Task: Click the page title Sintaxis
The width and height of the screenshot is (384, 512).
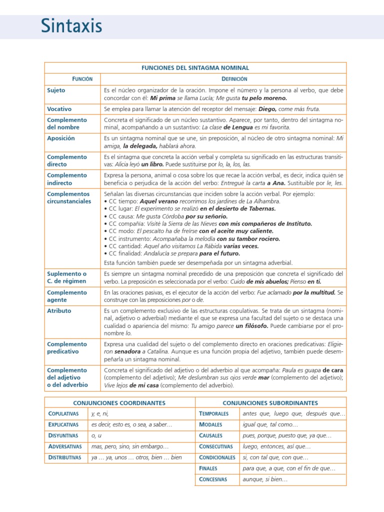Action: [x=71, y=25]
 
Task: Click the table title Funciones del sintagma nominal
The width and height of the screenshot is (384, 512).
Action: [x=195, y=67]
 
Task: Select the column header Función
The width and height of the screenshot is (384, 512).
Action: [x=72, y=79]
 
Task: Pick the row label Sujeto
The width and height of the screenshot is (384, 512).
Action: [x=56, y=90]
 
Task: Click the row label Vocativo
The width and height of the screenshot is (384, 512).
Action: [x=59, y=108]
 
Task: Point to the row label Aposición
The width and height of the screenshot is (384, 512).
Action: [x=60, y=138]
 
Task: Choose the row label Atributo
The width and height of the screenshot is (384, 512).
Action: [x=59, y=310]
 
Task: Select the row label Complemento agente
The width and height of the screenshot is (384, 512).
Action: [x=66, y=295]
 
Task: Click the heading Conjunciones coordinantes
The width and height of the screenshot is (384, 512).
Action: [x=119, y=402]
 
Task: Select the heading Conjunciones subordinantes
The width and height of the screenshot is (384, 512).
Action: [x=270, y=402]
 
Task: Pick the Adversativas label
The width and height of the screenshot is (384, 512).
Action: [x=64, y=446]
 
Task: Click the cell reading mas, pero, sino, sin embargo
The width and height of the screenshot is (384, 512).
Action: [x=130, y=446]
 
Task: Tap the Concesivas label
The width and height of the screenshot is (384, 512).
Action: [x=212, y=479]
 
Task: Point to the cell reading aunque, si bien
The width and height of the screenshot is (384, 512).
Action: [x=265, y=479]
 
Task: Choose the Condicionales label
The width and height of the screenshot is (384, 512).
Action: [x=216, y=457]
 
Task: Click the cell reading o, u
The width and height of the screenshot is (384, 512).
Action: [x=96, y=435]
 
